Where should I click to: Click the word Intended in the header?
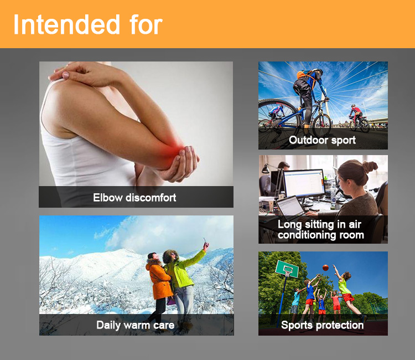[x=66, y=24]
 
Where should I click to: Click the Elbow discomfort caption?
[x=134, y=198]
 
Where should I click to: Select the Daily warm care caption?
[x=135, y=325]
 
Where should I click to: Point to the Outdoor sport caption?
[x=322, y=140]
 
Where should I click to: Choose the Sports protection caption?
[x=323, y=325]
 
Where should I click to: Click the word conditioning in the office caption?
[x=308, y=235]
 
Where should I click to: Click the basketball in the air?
[x=325, y=268]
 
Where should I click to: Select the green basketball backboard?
[x=287, y=269]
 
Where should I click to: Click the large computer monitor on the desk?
[x=304, y=183]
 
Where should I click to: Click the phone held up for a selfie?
[x=205, y=241]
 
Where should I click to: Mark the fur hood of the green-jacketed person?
[x=170, y=256]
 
